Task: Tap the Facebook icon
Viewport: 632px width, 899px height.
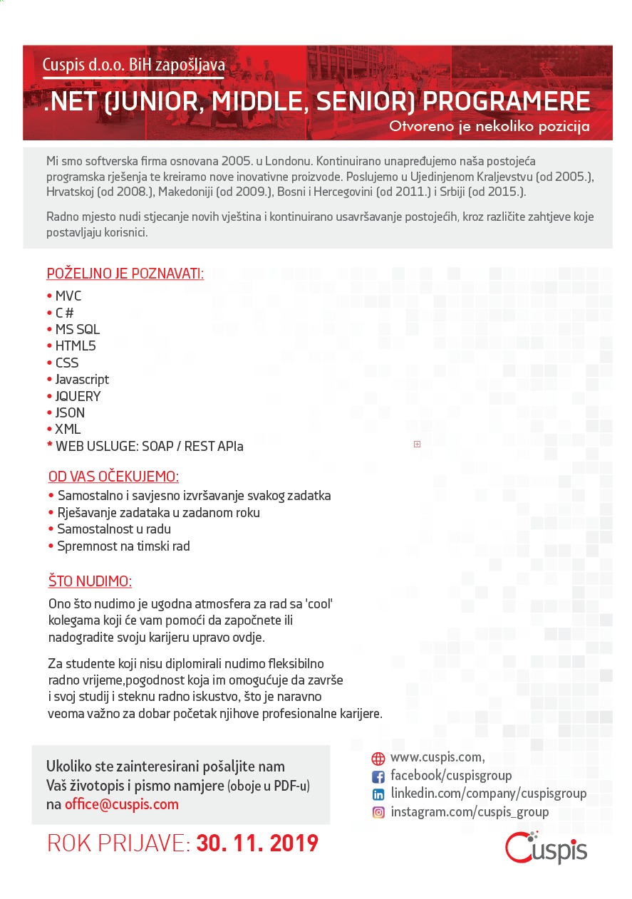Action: point(378,776)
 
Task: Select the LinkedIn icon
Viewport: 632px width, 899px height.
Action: point(378,794)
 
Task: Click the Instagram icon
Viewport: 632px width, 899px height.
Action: point(378,812)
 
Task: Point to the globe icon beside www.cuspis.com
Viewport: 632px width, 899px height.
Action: point(378,759)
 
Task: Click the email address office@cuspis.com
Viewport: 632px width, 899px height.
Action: point(122,804)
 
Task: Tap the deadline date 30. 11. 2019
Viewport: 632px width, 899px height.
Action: point(257,844)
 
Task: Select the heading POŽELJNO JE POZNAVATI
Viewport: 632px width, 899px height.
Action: point(125,274)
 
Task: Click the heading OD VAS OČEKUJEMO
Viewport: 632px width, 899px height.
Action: point(113,477)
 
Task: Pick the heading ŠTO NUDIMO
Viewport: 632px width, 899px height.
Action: point(90,581)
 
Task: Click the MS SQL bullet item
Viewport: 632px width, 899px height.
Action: point(78,330)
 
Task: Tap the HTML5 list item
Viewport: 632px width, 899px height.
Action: point(76,346)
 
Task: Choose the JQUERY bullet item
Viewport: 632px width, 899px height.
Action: point(78,396)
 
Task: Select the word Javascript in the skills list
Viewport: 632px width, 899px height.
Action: point(82,380)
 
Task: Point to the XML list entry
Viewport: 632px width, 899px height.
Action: point(68,430)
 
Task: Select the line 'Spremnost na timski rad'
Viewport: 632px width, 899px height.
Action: point(123,546)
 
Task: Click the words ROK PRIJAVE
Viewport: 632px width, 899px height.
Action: point(118,844)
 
